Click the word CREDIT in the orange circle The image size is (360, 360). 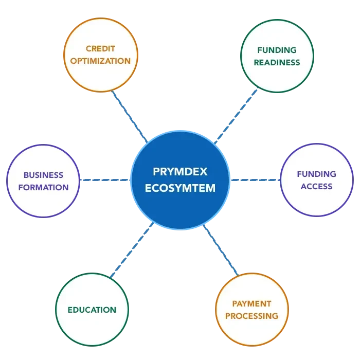101,49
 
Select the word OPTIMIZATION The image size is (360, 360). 101,61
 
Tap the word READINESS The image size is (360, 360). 277,62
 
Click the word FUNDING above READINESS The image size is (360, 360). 277,50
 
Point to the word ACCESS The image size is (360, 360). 316,186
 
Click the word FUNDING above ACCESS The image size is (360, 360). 316,174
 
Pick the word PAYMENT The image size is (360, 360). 251,304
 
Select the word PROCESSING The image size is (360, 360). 251,316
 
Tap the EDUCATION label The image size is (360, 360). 92,310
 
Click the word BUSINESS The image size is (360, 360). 43,175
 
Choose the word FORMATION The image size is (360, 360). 43,187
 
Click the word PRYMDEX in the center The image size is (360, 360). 180,171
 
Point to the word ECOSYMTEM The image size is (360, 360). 180,188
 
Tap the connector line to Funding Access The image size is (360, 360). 255,181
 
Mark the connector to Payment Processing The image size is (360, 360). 221,251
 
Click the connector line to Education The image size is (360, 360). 131,252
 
